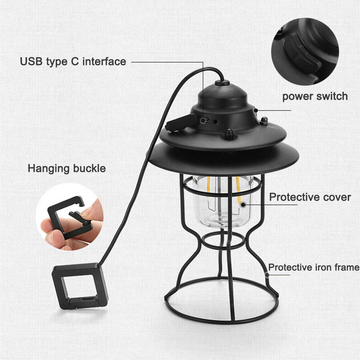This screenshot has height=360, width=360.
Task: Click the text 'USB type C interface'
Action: click(x=73, y=62)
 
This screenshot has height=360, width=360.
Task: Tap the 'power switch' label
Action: click(x=315, y=96)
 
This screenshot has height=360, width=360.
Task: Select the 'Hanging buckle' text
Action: click(x=67, y=169)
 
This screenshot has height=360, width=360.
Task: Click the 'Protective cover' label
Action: click(x=310, y=197)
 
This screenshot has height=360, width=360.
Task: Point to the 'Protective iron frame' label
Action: click(x=314, y=267)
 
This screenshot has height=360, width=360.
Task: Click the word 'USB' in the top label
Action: click(x=30, y=62)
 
